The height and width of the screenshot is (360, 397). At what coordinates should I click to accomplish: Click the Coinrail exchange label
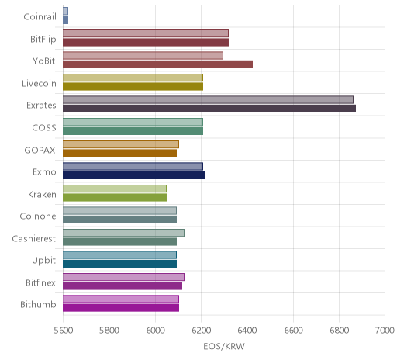[x=40, y=17]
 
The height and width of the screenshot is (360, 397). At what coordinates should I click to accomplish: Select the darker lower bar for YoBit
[x=157, y=64]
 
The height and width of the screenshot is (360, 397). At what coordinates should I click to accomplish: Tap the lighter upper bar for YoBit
[x=143, y=55]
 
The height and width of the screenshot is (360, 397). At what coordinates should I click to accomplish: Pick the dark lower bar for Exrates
[x=209, y=109]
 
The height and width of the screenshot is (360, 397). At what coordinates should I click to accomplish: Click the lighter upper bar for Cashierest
[x=123, y=233]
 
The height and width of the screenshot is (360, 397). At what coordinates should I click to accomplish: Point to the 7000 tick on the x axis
[x=385, y=331]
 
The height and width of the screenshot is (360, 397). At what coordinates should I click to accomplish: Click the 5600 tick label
[x=64, y=331]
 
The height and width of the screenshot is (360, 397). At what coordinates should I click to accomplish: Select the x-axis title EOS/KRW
[x=224, y=346]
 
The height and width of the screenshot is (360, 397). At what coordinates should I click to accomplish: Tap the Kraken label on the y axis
[x=42, y=194]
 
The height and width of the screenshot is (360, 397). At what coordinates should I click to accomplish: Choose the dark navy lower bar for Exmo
[x=134, y=175]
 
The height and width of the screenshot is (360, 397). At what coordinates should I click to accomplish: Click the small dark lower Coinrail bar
[x=65, y=20]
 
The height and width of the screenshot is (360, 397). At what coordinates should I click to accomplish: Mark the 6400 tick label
[x=247, y=331]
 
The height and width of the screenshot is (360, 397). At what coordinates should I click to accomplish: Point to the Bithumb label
[x=38, y=305]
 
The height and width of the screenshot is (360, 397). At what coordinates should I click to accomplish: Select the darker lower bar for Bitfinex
[x=123, y=286]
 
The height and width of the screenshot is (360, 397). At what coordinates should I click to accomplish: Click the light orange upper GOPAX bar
[x=121, y=144]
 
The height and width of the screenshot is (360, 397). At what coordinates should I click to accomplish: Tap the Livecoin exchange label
[x=39, y=83]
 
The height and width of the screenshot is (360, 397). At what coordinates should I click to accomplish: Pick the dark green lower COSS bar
[x=133, y=131]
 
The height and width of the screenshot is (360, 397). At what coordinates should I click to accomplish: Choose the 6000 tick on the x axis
[x=155, y=331]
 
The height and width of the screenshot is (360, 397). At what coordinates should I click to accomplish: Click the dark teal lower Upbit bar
[x=119, y=264]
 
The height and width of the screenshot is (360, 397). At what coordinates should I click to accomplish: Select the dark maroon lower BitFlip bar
[x=146, y=43]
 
